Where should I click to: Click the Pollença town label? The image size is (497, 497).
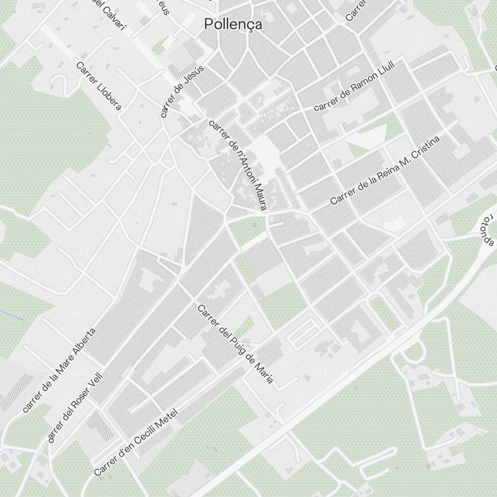233,24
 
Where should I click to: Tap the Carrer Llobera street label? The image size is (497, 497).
99,85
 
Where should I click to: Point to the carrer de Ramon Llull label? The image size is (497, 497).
353,86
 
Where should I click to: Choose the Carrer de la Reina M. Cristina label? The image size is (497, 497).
385,170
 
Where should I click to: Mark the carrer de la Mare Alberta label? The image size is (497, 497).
59,370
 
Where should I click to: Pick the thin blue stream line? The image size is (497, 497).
11,315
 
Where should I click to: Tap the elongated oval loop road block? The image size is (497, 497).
302,332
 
